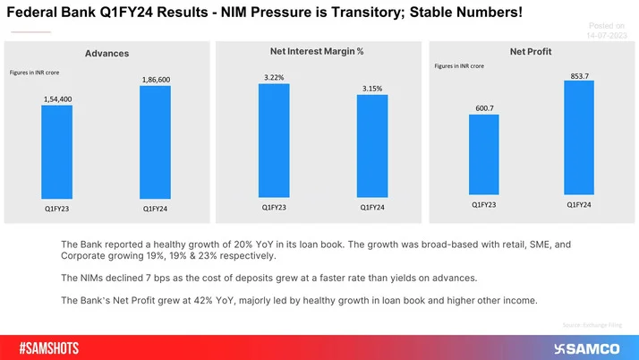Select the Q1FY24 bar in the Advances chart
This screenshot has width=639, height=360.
[x=155, y=142]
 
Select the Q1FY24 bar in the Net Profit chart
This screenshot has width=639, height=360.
[x=579, y=138]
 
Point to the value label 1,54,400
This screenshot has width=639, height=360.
[x=58, y=99]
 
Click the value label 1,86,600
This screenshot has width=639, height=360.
[x=155, y=80]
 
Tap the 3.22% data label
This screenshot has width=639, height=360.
[x=274, y=77]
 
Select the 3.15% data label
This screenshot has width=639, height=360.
[x=371, y=89]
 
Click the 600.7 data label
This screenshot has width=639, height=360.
[x=483, y=108]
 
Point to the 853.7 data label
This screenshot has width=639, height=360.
[x=579, y=76]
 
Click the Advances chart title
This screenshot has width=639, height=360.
[x=106, y=54]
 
